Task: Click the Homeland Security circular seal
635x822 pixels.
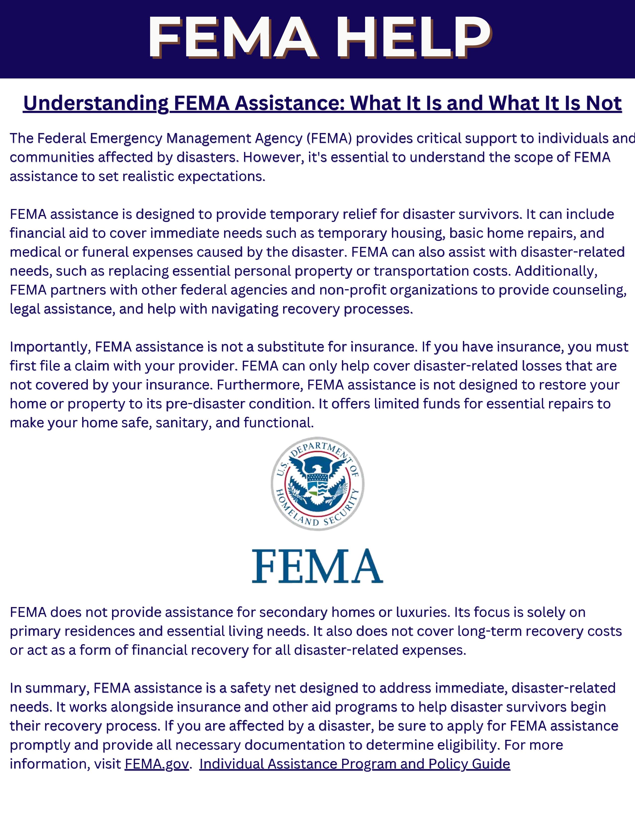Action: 317,484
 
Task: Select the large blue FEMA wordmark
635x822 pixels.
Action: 317,566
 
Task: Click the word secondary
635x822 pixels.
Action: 293,612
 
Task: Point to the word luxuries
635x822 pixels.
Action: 423,612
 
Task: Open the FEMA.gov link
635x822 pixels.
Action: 156,764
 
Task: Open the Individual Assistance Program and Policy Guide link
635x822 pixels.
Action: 354,764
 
